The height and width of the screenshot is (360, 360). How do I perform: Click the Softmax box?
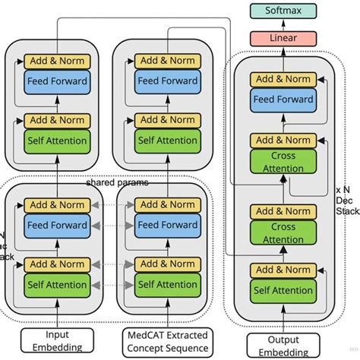[x=283, y=11]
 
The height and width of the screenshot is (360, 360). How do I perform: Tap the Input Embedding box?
[x=57, y=339]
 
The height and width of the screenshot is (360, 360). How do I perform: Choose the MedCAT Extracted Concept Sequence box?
[x=166, y=339]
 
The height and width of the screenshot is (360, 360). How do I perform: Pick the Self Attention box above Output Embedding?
[x=283, y=289]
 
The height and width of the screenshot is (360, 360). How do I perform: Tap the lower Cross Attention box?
[x=283, y=232]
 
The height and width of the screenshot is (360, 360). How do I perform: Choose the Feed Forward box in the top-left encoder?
[x=57, y=81]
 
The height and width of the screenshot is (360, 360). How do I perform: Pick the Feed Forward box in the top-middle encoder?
[x=166, y=81]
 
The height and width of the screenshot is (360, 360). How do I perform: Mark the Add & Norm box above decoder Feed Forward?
[x=283, y=79]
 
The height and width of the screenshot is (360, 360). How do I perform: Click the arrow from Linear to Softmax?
[x=283, y=24]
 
